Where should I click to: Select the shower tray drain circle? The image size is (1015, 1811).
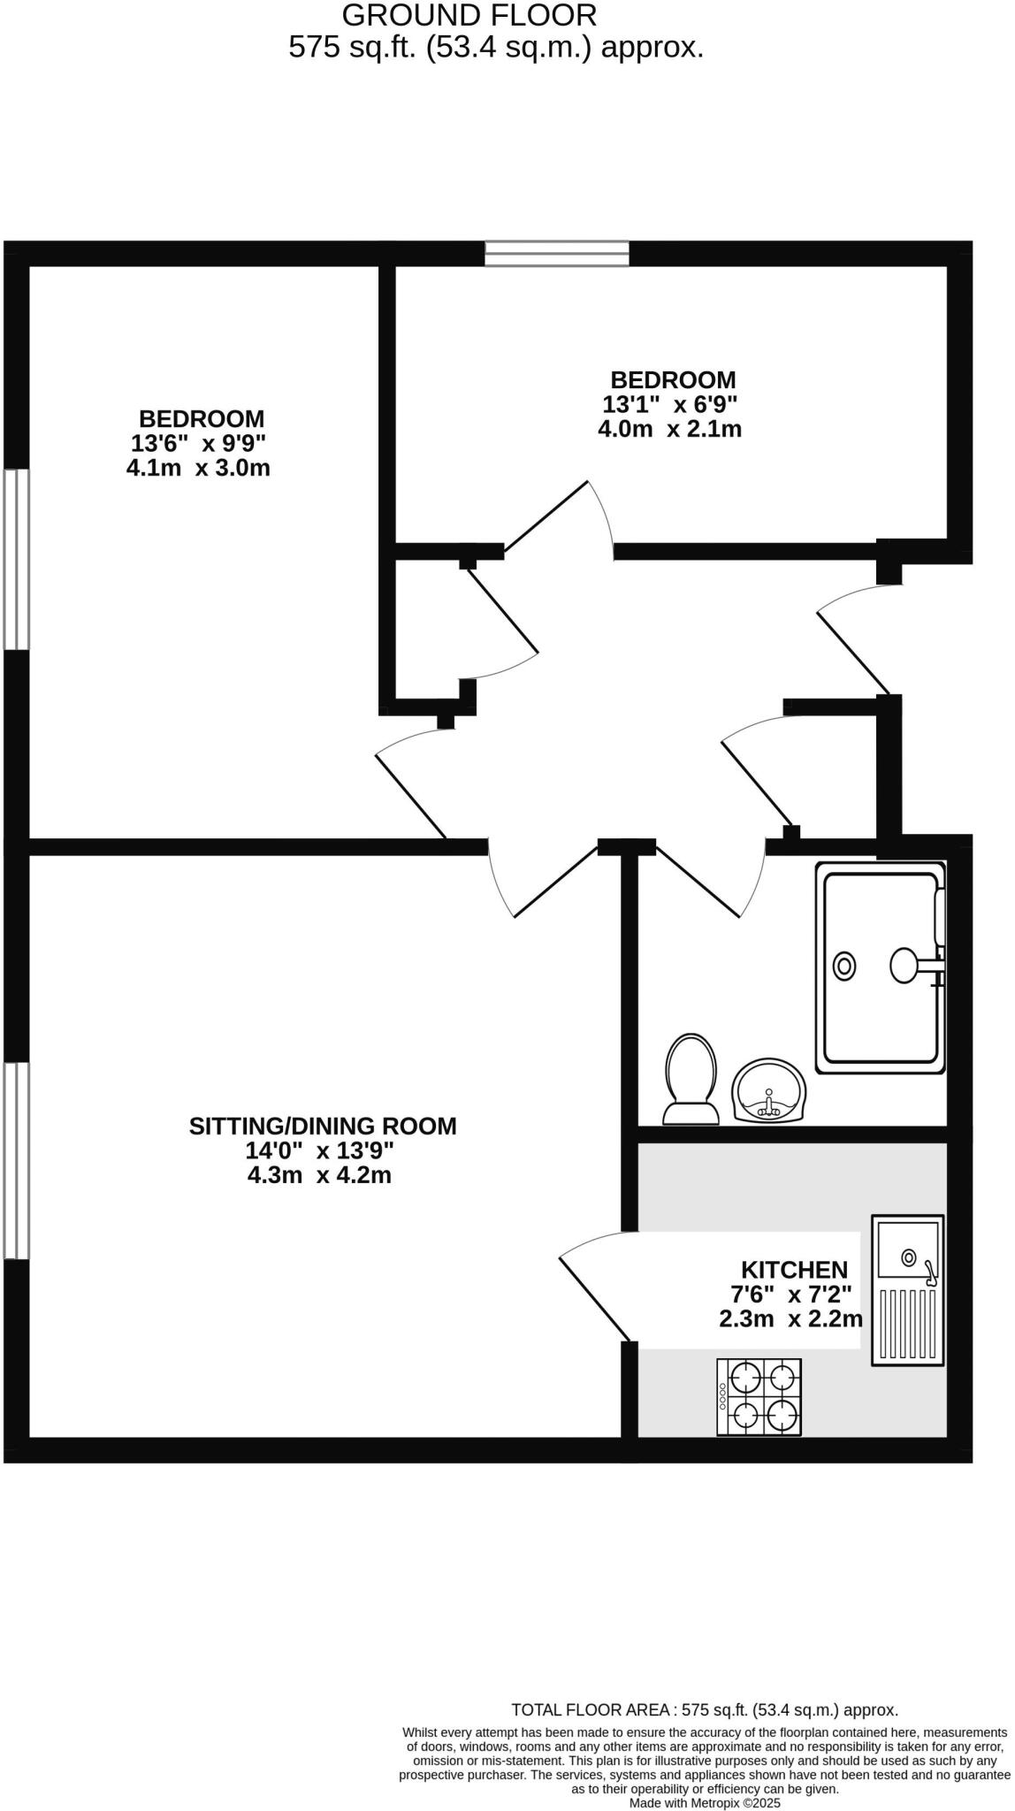pos(845,966)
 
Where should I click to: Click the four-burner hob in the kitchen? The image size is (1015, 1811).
pos(759,1397)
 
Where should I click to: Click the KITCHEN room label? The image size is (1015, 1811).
pos(794,1270)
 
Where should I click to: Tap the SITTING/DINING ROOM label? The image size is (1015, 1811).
pos(323,1126)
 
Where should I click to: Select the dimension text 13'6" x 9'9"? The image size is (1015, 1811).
pos(198,443)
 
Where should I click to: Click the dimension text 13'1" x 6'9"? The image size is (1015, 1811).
pos(670,405)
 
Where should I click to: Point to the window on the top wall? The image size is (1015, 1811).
pos(557,253)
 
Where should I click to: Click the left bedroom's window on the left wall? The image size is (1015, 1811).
pos(16,559)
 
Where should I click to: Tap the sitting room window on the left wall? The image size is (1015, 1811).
pos(16,1159)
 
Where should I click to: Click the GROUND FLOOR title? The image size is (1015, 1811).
pos(469,15)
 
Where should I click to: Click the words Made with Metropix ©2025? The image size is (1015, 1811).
pos(705,1802)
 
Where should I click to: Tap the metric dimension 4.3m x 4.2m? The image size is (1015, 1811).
pos(318,1175)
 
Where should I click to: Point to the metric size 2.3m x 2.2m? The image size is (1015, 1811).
pos(790,1319)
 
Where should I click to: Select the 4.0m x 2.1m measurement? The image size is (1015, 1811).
pos(669,430)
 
